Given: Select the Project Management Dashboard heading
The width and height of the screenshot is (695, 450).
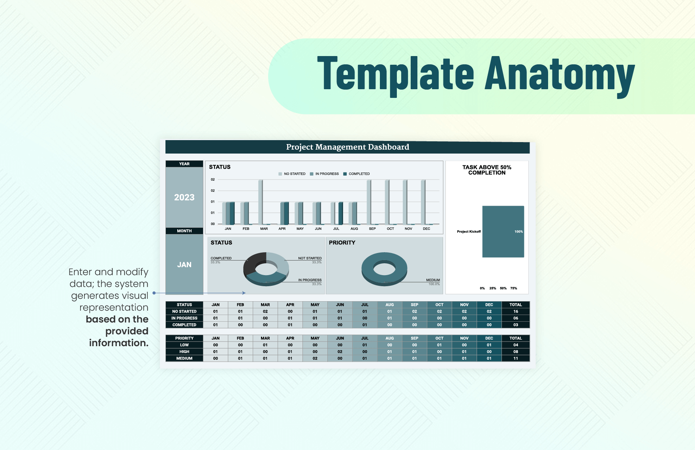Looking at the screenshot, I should pyautogui.click(x=347, y=147).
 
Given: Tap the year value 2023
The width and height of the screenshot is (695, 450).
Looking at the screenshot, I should pyautogui.click(x=184, y=197).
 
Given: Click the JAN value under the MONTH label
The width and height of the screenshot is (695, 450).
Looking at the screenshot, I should pyautogui.click(x=184, y=264).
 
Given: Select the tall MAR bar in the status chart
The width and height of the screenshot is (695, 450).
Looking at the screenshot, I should pyautogui.click(x=260, y=202).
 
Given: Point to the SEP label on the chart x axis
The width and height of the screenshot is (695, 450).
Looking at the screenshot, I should pyautogui.click(x=372, y=229).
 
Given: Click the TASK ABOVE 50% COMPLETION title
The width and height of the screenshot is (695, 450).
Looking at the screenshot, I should pyautogui.click(x=486, y=170).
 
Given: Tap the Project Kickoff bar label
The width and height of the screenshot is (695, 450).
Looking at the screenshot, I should pyautogui.click(x=469, y=232).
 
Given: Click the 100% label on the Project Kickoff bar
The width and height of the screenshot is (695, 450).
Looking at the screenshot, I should pyautogui.click(x=518, y=232).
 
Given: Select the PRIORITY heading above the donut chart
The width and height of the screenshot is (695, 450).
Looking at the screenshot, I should pyautogui.click(x=342, y=243).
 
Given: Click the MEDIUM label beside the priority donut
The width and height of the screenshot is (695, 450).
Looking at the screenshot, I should pyautogui.click(x=433, y=280).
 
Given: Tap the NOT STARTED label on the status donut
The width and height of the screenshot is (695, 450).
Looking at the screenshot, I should pyautogui.click(x=310, y=258).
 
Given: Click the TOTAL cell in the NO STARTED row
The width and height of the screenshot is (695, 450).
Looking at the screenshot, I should pyautogui.click(x=515, y=311).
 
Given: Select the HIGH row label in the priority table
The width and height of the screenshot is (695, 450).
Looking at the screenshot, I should pyautogui.click(x=184, y=352).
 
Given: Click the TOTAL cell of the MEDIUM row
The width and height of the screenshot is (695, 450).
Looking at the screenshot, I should pyautogui.click(x=515, y=358).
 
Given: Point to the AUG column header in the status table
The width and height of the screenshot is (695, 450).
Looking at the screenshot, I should pyautogui.click(x=389, y=305).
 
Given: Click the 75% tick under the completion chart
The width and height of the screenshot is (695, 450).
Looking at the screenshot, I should pyautogui.click(x=513, y=288).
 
